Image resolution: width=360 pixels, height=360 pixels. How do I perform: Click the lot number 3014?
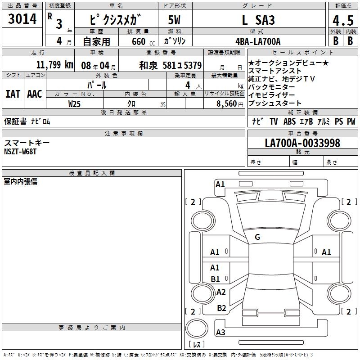coord(22,19)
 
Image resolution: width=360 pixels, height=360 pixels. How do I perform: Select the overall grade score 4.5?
coord(343,20)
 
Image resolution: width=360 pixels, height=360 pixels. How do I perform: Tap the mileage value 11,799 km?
coord(54,65)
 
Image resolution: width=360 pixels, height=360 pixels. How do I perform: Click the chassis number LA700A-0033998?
coord(302,143)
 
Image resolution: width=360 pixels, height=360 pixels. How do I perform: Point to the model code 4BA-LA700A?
coord(258,41)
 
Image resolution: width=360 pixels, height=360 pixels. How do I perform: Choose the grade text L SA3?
coord(258,20)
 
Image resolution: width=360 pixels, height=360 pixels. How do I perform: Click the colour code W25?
coord(74,104)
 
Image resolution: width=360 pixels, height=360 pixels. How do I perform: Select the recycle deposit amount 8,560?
coord(227,104)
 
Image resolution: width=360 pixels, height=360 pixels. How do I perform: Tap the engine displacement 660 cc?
coord(143,42)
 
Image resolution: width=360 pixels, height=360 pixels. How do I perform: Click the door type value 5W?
coord(174,20)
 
